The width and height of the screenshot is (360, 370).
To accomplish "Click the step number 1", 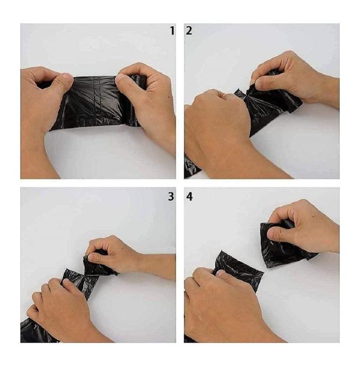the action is (x=172, y=31).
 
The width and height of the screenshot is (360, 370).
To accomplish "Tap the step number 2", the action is (x=189, y=31).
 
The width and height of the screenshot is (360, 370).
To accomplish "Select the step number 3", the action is (x=171, y=196).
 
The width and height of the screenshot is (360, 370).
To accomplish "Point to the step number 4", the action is (x=190, y=196).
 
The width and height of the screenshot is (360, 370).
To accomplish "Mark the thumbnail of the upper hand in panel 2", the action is (x=260, y=83).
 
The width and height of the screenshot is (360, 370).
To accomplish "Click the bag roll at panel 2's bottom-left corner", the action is (x=191, y=166).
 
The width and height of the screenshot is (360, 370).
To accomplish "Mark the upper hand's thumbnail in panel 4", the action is (x=274, y=232).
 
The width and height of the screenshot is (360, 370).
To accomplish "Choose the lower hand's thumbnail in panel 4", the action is (x=220, y=273).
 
